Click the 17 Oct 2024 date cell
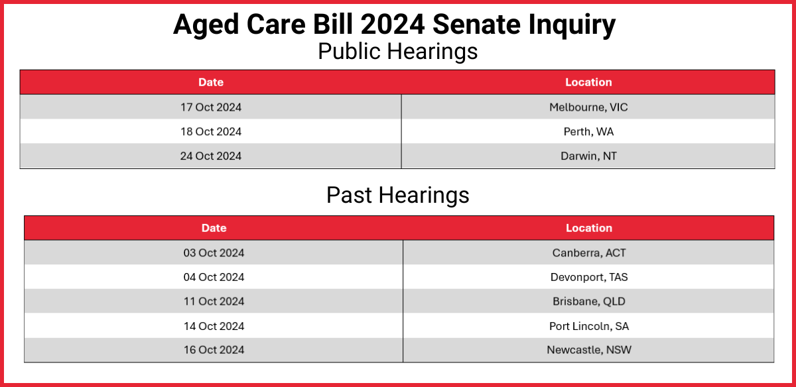click(211, 107)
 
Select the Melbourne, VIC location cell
click(588, 107)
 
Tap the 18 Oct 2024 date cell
click(211, 131)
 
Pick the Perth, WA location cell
click(588, 131)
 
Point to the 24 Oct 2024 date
click(211, 156)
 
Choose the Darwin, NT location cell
click(588, 156)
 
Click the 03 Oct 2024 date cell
click(214, 252)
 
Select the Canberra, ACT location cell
click(589, 252)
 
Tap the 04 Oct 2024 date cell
click(214, 277)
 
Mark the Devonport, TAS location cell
click(589, 277)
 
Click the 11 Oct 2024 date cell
click(214, 301)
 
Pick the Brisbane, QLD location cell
click(589, 301)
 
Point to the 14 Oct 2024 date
click(214, 325)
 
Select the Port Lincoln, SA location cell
click(589, 325)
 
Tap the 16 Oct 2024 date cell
click(214, 349)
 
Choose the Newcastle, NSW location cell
click(589, 349)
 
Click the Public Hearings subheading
click(397, 51)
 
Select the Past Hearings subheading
click(397, 195)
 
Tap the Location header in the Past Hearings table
click(589, 228)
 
